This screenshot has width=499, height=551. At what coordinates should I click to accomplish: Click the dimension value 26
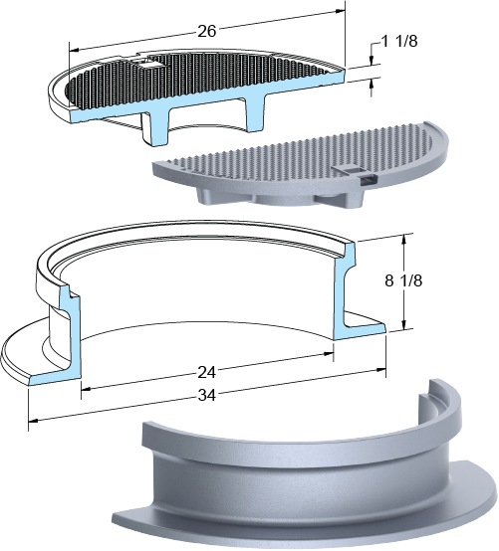tap(206, 31)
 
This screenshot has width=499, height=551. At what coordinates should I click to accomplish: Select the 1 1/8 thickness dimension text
tap(399, 42)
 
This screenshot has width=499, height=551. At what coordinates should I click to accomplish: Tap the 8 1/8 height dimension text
tap(403, 280)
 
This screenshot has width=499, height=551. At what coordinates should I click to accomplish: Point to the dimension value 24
tap(206, 373)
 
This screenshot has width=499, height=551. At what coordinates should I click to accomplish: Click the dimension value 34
tap(206, 395)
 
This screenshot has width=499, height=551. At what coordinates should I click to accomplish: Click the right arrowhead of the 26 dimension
tap(341, 11)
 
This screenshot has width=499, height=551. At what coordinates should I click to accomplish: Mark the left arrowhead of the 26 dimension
tap(75, 51)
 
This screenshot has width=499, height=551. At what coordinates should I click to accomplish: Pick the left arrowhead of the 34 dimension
tap(33, 420)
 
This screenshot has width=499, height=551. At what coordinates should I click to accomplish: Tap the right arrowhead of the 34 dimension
tap(381, 370)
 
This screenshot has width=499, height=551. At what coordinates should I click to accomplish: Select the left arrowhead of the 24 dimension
tap(87, 389)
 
